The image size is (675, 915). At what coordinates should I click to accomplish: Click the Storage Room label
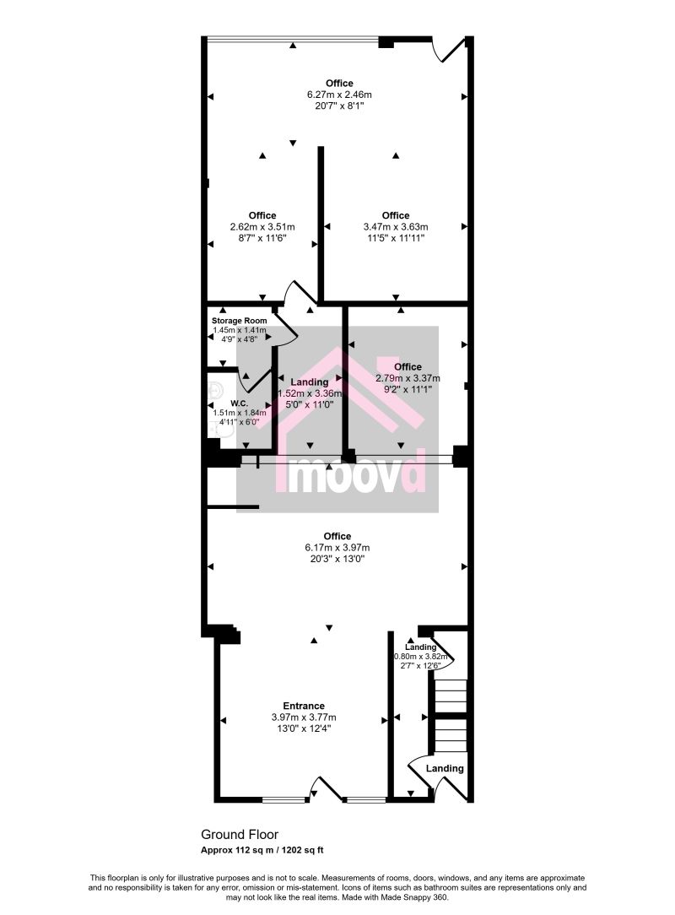(x=239, y=321)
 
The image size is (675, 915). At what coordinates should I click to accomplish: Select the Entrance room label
(x=304, y=706)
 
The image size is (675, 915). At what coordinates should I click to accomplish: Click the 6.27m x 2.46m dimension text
(x=339, y=95)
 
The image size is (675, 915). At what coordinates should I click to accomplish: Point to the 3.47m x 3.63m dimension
(x=395, y=227)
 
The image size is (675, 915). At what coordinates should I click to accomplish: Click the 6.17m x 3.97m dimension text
(x=337, y=548)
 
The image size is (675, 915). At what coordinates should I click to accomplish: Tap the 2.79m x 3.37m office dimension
(x=408, y=378)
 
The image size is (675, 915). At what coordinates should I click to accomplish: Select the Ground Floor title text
(x=240, y=835)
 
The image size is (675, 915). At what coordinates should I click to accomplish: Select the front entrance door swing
(x=325, y=789)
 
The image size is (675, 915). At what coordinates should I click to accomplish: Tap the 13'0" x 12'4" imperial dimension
(x=304, y=728)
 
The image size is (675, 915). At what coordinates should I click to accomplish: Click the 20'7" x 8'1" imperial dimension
(x=339, y=106)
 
